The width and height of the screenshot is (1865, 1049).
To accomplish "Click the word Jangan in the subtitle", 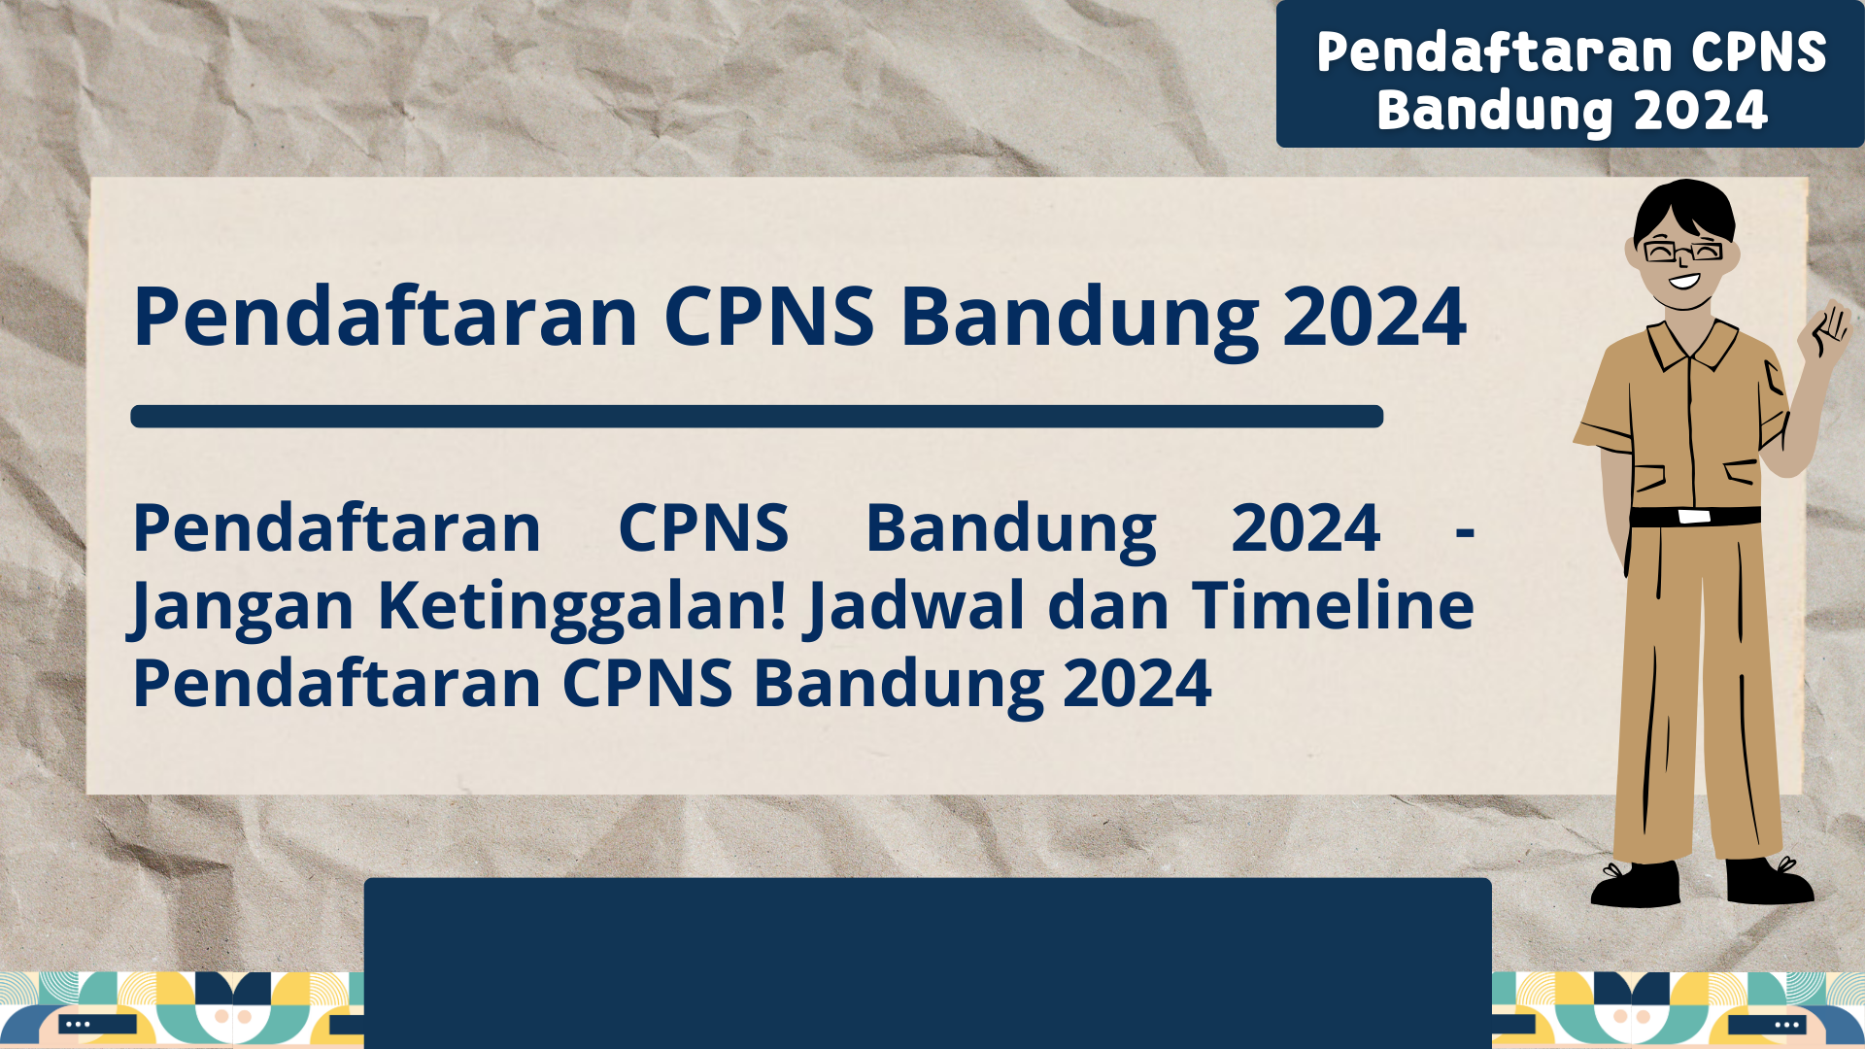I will coord(242,606).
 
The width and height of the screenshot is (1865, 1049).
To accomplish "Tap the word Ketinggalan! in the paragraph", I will coord(582,606).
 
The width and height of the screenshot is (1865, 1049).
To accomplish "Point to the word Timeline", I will coord(1333,606).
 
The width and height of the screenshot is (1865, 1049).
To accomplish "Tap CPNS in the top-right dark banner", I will coord(1758,52).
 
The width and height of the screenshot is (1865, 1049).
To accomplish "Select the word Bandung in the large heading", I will coord(1079,318).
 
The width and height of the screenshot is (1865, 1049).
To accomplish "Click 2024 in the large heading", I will coord(1373,318).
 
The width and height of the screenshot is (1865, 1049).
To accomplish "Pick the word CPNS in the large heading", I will coord(768,318).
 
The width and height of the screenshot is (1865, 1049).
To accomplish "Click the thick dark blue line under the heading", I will coord(757,417).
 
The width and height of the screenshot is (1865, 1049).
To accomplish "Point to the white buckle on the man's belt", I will coord(1694,516).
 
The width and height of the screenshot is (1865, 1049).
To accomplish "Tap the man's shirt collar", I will coord(1690,345).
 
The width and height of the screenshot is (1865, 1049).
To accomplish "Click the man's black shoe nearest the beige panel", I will coord(1636,885).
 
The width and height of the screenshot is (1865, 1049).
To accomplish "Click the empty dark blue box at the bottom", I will coord(928,962).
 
